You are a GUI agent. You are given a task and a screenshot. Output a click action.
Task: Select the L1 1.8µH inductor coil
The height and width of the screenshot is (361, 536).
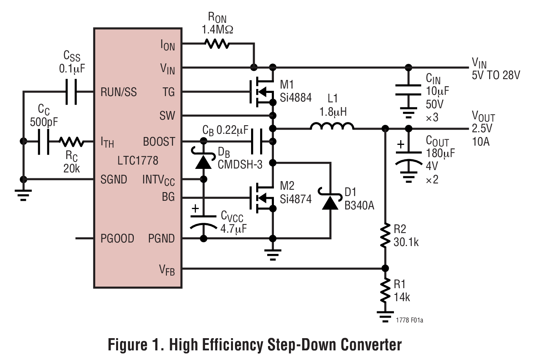click(x=331, y=126)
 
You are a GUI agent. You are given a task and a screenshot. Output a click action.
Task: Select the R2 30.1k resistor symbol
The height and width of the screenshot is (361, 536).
click(x=385, y=235)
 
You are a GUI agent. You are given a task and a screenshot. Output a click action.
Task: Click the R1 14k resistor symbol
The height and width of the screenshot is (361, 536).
click(x=385, y=291)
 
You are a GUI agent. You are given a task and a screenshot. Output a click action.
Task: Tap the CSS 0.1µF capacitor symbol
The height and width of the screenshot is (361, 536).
click(x=71, y=92)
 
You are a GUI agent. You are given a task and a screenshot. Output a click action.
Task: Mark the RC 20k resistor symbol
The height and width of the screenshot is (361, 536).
click(x=71, y=141)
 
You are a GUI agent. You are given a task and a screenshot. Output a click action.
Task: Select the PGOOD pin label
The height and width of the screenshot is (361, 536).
click(x=117, y=239)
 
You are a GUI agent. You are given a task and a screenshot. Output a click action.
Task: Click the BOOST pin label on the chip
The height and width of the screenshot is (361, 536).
click(x=159, y=141)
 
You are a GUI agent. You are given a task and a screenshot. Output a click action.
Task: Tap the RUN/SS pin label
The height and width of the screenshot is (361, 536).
click(x=119, y=92)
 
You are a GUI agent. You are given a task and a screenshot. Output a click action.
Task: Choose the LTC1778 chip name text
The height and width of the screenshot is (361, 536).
click(x=138, y=161)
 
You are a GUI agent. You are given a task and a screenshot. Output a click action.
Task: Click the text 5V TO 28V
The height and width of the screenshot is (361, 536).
click(x=495, y=75)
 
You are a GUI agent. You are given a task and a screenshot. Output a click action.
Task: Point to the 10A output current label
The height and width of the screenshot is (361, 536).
click(x=481, y=142)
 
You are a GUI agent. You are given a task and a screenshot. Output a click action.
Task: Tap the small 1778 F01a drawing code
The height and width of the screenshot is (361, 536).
click(x=409, y=320)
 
